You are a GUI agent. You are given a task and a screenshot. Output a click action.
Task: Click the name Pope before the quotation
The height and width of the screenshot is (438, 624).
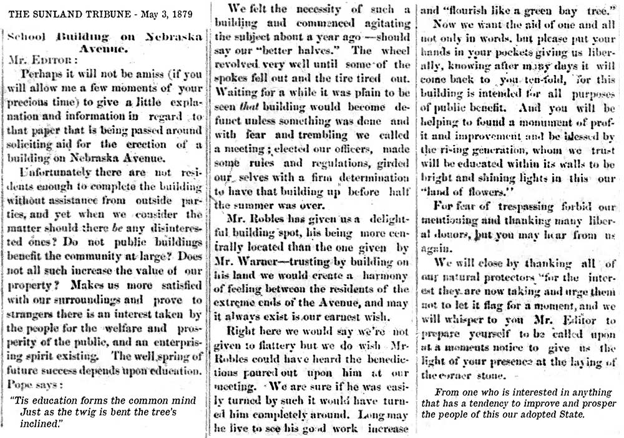[23, 382]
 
